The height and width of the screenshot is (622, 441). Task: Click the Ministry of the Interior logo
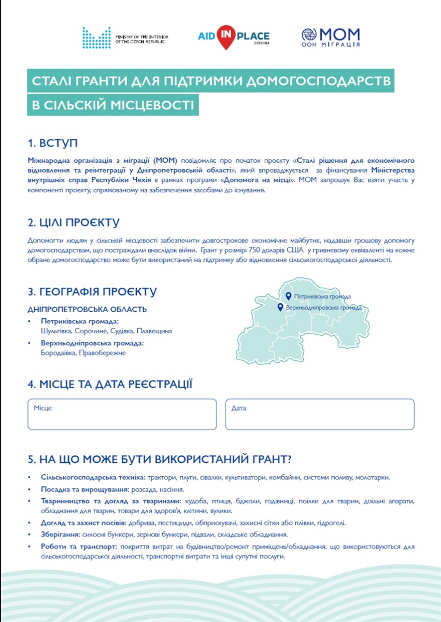tap(96, 38)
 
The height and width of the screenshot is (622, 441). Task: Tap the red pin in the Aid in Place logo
tap(226, 37)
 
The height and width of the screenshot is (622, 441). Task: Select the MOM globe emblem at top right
tap(309, 35)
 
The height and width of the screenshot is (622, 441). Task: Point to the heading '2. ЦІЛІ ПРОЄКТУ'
tap(74, 222)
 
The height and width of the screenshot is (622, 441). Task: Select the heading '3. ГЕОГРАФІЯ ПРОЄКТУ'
tap(92, 292)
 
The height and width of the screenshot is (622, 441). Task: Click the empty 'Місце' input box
tap(122, 415)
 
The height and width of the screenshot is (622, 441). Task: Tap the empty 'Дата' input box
tap(320, 415)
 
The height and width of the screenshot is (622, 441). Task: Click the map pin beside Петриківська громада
tap(288, 296)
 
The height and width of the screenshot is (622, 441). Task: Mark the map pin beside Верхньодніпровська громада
tap(280, 307)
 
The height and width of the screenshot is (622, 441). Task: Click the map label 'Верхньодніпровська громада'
tap(324, 308)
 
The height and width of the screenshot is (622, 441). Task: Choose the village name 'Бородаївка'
tap(58, 353)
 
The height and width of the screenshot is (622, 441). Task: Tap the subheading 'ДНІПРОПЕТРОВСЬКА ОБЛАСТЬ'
tap(87, 309)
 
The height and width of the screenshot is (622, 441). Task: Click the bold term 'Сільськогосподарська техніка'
tap(93, 477)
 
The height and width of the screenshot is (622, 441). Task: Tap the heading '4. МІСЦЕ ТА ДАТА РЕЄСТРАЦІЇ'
tap(110, 384)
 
